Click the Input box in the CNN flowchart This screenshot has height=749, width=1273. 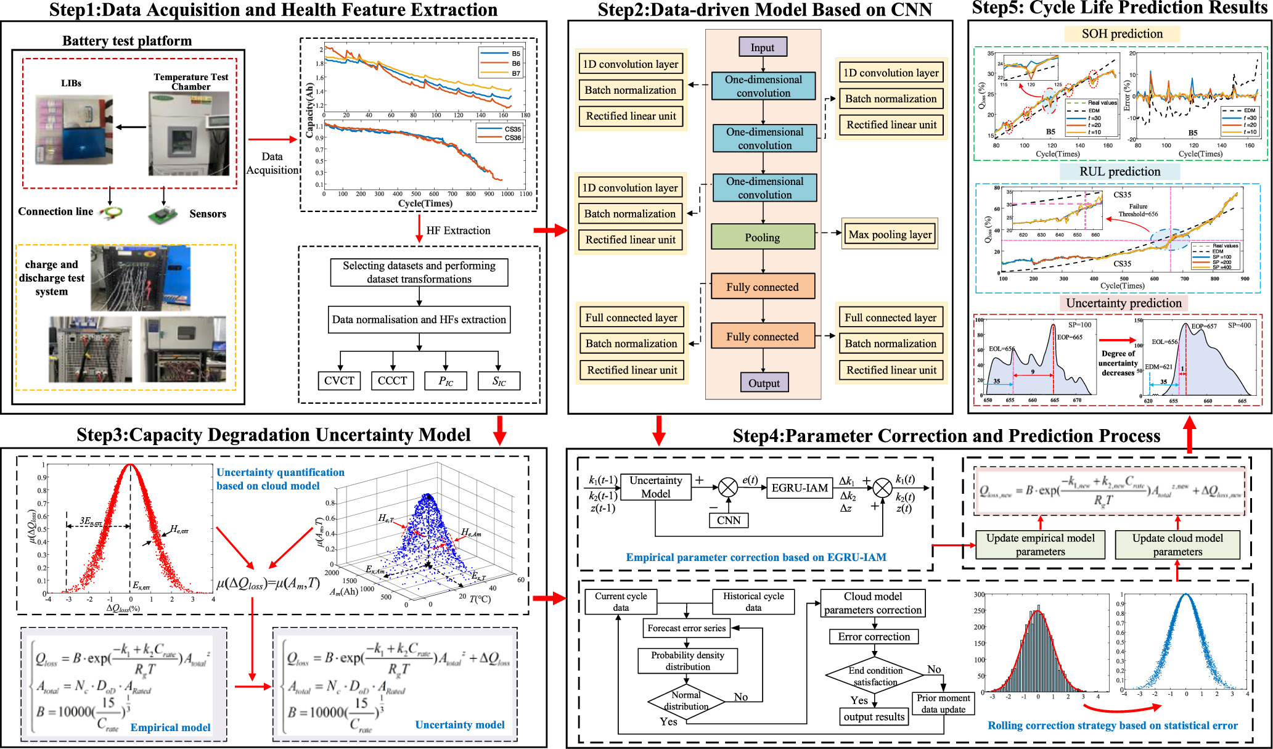pos(763,47)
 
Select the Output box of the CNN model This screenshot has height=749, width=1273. pos(764,383)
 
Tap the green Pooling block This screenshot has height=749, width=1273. pos(763,237)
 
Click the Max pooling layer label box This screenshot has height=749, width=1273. pos(890,234)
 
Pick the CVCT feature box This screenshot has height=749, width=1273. pos(339,380)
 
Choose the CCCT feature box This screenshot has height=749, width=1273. pos(392,380)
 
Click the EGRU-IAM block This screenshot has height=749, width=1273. pos(800,488)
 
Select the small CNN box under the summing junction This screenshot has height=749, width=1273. pos(729,520)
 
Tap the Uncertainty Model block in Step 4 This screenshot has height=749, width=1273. pos(655,487)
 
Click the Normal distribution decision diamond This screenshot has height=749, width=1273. pos(686,701)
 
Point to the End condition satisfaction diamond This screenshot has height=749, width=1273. pos(875,676)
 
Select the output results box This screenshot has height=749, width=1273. pos(874,717)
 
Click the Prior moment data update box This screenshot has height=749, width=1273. pos(943,703)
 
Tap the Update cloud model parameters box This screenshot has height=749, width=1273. pos(1177,544)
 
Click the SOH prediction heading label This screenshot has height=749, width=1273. pos(1122,34)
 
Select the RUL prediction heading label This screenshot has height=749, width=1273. pos(1120,171)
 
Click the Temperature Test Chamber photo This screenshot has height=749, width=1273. pos(190,133)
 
